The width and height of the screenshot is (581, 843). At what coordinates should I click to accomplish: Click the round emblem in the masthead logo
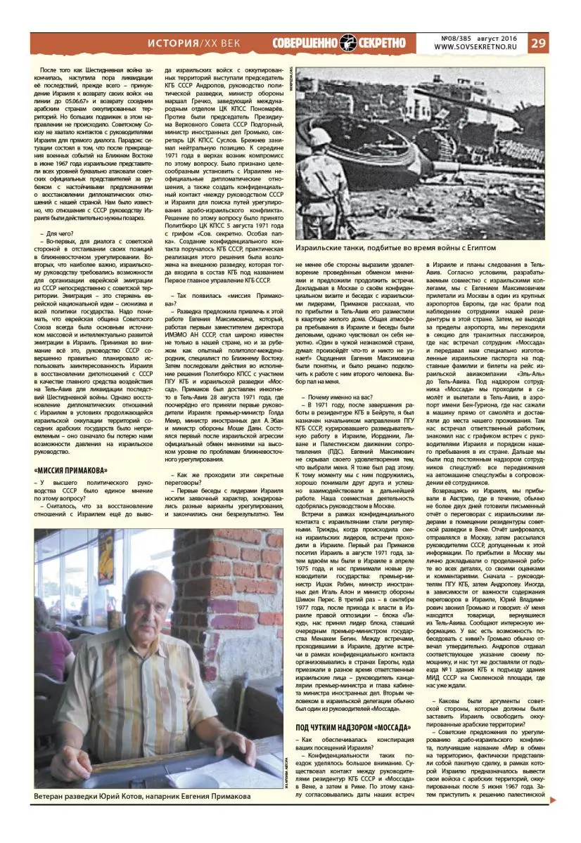pyautogui.click(x=349, y=43)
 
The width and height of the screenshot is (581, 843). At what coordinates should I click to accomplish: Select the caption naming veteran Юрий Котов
pyautogui.click(x=142, y=796)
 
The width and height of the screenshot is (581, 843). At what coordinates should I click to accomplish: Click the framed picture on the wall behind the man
pyautogui.click(x=107, y=562)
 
